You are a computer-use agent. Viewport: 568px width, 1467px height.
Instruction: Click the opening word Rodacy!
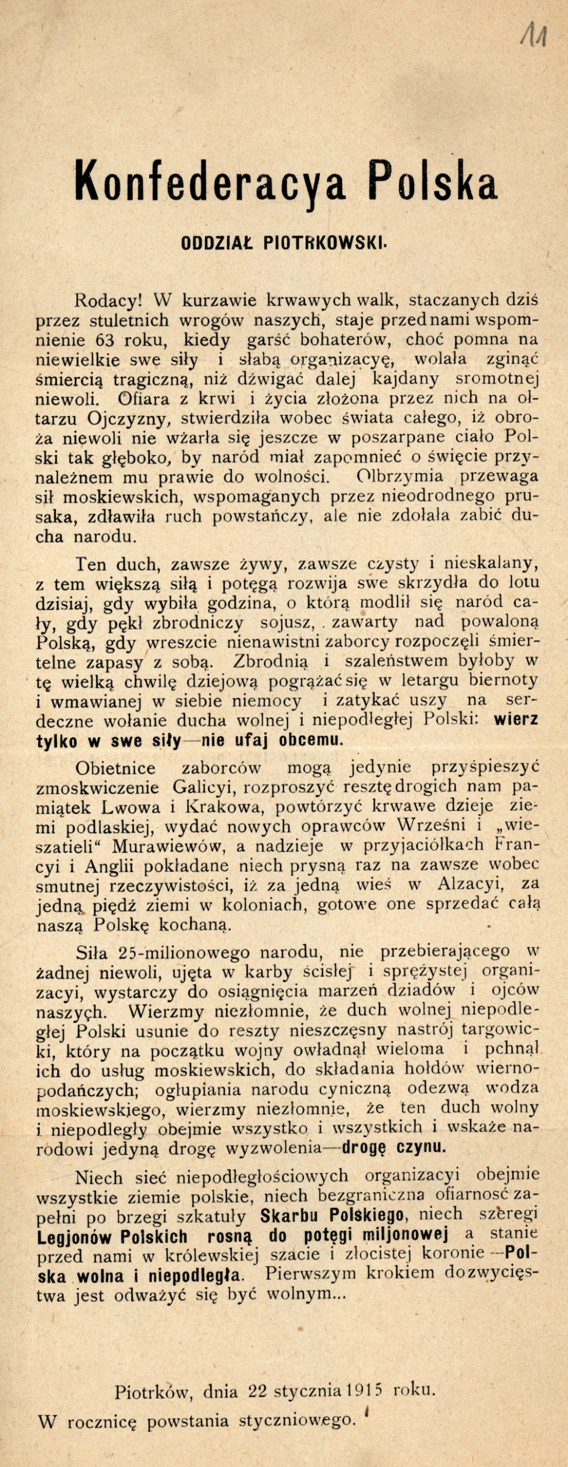tap(109, 301)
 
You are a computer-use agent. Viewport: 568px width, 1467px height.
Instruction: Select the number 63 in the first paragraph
tap(120, 340)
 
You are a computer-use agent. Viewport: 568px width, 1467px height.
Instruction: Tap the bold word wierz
tap(516, 719)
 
